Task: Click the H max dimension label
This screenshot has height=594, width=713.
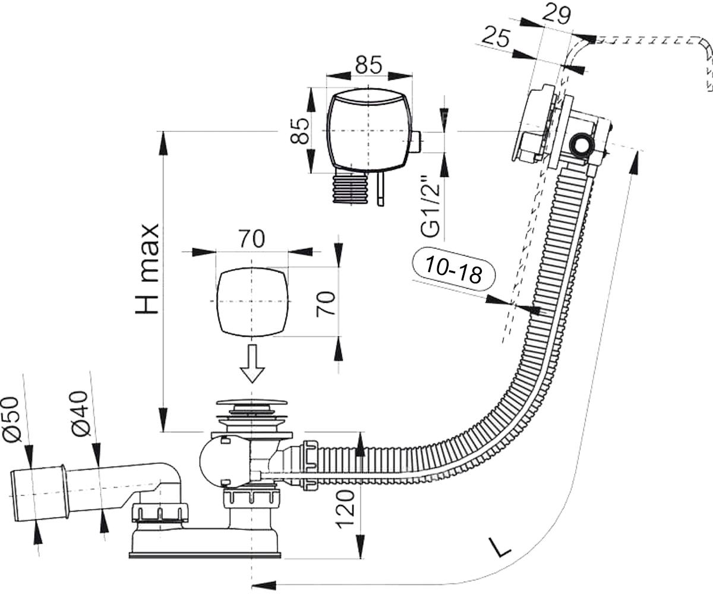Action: (147, 268)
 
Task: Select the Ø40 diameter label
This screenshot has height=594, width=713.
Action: (80, 413)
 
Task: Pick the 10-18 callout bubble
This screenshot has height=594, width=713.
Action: (453, 269)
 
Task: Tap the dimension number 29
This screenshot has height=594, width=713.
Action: (556, 15)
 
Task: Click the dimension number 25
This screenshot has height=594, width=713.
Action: (496, 37)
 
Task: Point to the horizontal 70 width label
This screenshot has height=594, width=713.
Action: (252, 239)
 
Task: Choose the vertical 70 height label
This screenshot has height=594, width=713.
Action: (325, 304)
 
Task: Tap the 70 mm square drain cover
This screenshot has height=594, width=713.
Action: (252, 301)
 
